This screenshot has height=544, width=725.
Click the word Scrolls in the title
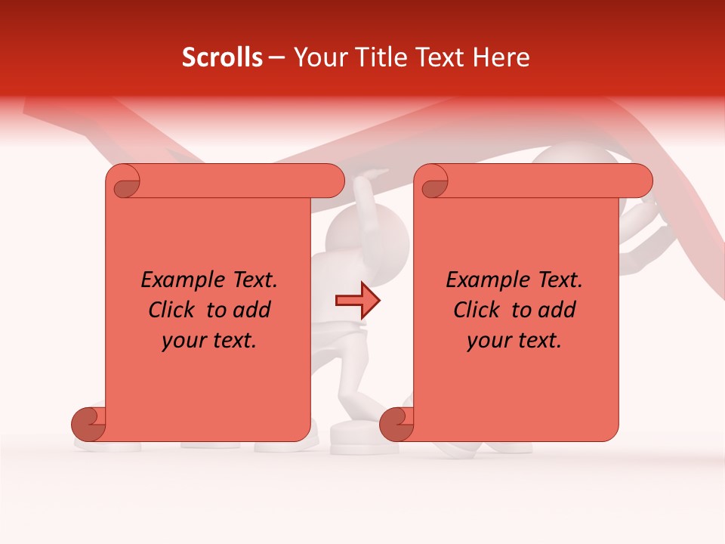pos(222,57)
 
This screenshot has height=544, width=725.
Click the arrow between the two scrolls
pos(357,301)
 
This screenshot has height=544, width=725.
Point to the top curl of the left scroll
pos(125,182)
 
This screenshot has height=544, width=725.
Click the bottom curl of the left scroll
pos(88,423)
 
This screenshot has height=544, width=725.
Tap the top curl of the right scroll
pos(433,182)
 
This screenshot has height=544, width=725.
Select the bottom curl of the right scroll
pos(396,423)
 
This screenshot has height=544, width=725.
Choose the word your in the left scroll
pos(183,342)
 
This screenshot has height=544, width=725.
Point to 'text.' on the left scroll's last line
pos(234,341)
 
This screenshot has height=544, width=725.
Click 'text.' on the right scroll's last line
pos(539,341)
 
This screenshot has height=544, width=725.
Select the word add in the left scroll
pos(252,311)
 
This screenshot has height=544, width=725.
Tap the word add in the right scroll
pos(557,311)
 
